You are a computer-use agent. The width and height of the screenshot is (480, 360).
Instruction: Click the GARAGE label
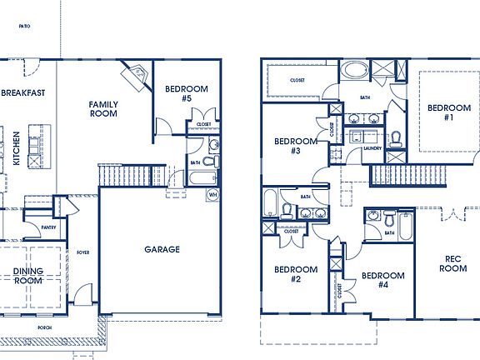162,248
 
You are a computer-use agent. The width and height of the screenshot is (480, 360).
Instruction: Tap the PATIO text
25,27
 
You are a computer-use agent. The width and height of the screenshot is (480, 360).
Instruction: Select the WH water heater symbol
213,194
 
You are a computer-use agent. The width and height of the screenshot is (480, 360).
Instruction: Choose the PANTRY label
47,227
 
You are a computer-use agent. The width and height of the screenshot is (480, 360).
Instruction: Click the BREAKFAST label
22,93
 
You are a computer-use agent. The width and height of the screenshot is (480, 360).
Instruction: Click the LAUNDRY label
372,149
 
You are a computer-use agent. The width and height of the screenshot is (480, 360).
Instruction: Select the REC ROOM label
452,263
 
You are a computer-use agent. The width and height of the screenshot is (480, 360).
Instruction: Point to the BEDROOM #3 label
295,146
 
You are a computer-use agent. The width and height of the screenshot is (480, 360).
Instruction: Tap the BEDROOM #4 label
382,280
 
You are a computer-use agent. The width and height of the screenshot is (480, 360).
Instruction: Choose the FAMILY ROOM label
104,109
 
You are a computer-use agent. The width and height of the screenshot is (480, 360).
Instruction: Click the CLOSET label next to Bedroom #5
203,124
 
